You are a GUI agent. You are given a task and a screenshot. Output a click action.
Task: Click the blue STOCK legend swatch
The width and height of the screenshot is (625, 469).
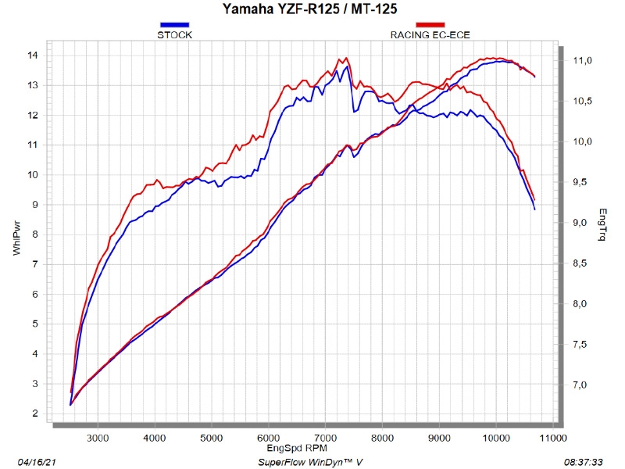[x=174, y=26]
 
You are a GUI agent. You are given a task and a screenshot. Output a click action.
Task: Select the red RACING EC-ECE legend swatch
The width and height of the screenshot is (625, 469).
[x=430, y=26]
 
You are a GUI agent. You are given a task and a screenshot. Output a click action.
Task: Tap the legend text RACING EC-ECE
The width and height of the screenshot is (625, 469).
[x=430, y=35]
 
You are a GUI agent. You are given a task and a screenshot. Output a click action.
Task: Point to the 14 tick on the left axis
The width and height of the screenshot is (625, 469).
[x=33, y=55]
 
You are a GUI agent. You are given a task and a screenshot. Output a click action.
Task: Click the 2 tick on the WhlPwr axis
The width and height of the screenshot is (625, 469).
[x=35, y=414]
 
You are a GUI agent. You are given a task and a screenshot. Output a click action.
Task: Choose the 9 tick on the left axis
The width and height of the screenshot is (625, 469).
[x=35, y=204]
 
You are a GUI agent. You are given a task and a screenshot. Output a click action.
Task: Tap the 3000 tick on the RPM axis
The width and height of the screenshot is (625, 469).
[x=98, y=439]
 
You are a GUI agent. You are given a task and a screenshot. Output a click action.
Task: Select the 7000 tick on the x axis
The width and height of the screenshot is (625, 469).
[x=326, y=439]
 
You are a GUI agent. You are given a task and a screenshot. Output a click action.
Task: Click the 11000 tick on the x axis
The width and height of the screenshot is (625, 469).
[x=554, y=439]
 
